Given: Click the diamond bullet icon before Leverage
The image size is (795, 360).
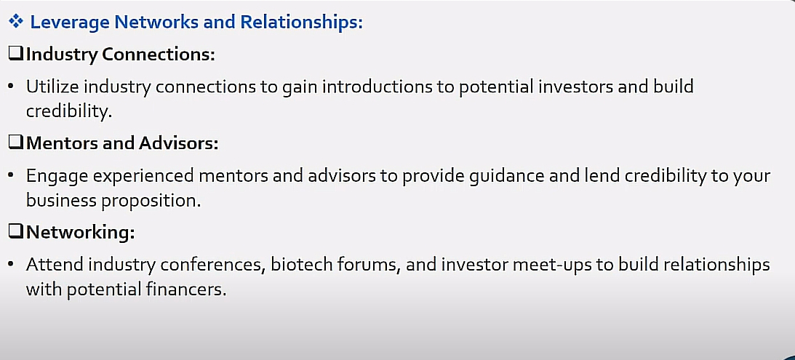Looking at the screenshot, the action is (x=16, y=22).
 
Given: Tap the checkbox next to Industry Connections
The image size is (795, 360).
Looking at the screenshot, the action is (x=16, y=54).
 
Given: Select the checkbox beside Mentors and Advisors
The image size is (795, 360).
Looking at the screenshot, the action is (x=16, y=143).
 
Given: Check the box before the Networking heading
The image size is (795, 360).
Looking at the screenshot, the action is (x=16, y=232).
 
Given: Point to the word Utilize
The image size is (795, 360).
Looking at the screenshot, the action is (x=52, y=87).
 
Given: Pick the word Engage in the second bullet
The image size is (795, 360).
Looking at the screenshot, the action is (x=57, y=176).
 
